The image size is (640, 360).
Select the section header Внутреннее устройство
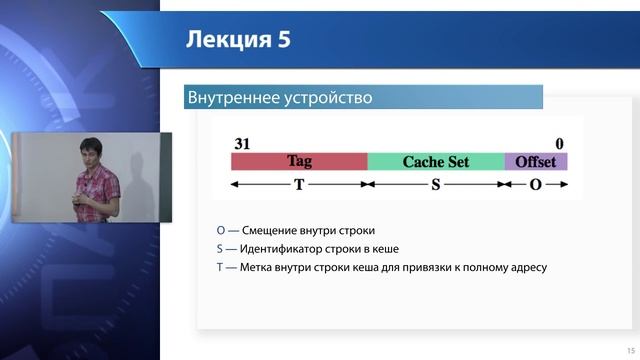click(x=280, y=98)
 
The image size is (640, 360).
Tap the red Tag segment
click(x=299, y=161)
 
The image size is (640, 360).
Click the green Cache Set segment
click(x=435, y=161)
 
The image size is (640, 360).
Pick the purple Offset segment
click(x=536, y=161)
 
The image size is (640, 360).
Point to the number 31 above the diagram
click(x=241, y=143)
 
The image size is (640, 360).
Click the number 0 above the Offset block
click(x=560, y=143)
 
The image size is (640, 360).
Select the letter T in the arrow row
click(x=299, y=185)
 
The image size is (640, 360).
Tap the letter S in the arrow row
click(x=436, y=185)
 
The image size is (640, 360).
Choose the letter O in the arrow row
click(x=536, y=185)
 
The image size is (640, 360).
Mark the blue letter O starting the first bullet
click(x=221, y=230)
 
